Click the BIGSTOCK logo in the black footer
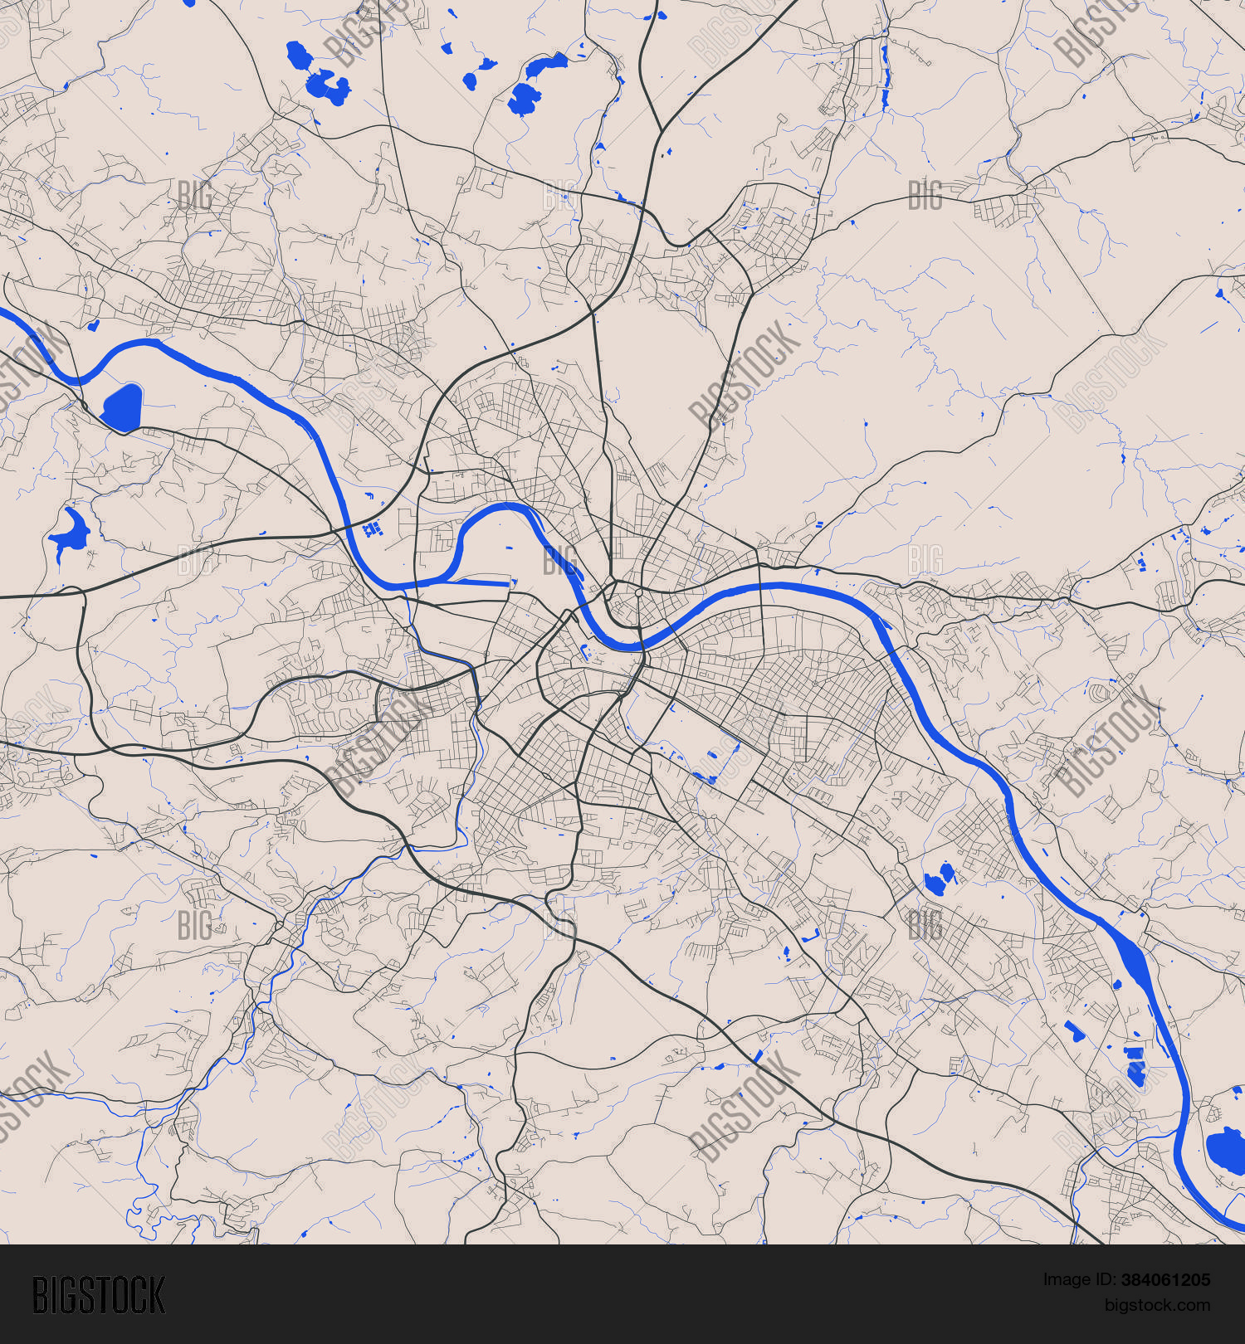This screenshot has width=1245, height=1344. [98, 1295]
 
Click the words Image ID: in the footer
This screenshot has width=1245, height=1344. [1075, 1280]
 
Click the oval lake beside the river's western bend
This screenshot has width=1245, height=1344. [122, 407]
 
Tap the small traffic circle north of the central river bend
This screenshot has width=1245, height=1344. [638, 592]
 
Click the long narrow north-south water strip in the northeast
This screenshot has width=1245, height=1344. [885, 79]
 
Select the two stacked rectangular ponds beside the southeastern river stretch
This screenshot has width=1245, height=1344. [1134, 1066]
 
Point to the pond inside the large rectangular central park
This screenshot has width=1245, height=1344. [706, 778]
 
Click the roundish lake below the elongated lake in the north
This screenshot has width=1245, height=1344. [523, 100]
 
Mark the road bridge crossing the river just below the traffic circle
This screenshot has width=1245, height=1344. [642, 646]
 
